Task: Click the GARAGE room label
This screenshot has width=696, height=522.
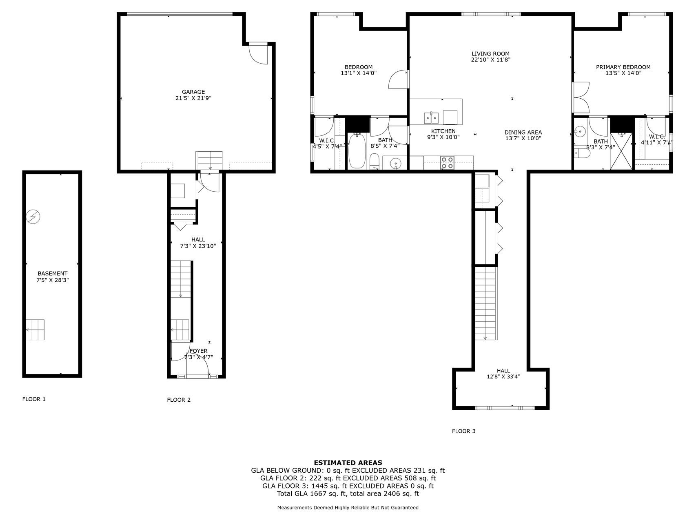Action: [x=193, y=92]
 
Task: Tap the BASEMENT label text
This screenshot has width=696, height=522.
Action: [x=52, y=274]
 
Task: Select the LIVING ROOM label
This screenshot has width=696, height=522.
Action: [x=490, y=54]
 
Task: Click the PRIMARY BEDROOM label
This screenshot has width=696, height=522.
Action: [x=623, y=67]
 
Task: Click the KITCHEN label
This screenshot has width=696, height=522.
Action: [x=443, y=131]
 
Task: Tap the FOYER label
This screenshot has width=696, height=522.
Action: [x=199, y=351]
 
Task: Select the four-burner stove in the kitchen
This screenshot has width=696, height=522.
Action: [x=447, y=163]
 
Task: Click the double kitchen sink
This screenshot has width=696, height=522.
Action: [x=431, y=118]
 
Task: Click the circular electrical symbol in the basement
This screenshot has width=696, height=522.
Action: [x=33, y=217]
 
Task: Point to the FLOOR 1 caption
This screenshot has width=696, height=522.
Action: [x=34, y=399]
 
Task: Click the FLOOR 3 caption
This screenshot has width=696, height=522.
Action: [x=464, y=431]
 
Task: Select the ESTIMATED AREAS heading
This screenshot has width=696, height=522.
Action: [x=348, y=463]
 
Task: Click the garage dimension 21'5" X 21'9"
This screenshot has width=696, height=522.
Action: [x=193, y=98]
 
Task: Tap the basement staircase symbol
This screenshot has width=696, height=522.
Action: [x=35, y=330]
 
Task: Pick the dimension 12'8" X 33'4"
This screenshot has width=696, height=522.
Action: [x=503, y=377]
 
